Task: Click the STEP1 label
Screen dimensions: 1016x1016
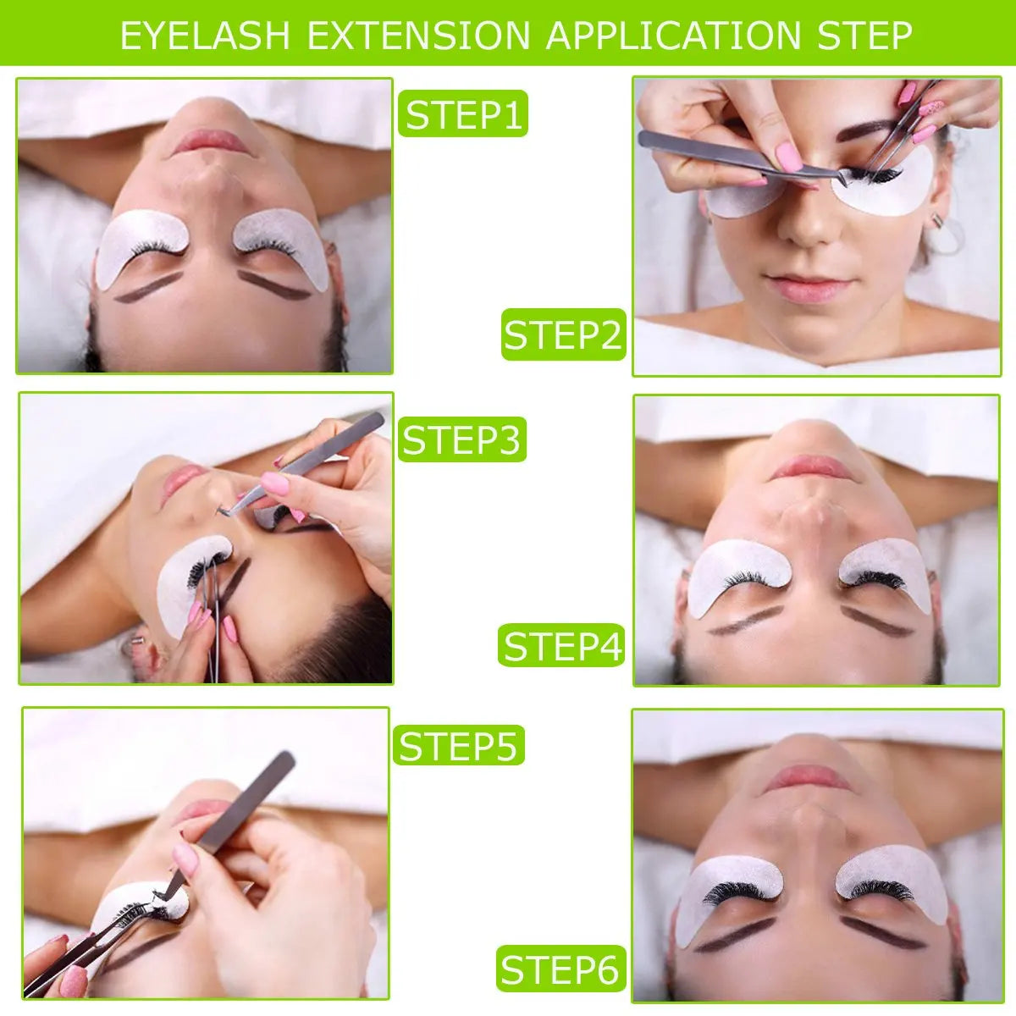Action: (463, 114)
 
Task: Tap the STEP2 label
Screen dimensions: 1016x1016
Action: (563, 335)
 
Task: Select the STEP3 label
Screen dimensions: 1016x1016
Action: (462, 440)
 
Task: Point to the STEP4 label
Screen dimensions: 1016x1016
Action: (561, 646)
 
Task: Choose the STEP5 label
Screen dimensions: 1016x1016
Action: (458, 746)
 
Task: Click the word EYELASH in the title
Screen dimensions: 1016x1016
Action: (205, 36)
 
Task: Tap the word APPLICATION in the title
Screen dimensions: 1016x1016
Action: (672, 36)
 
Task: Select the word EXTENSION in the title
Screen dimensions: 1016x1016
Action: (418, 36)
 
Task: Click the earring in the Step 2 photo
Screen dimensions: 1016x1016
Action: (937, 222)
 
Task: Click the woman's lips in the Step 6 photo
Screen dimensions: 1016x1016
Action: (807, 777)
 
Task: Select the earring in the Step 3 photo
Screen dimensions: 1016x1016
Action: (133, 645)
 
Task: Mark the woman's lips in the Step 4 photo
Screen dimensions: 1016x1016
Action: (811, 467)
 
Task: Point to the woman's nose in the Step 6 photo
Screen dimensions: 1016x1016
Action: (809, 825)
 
